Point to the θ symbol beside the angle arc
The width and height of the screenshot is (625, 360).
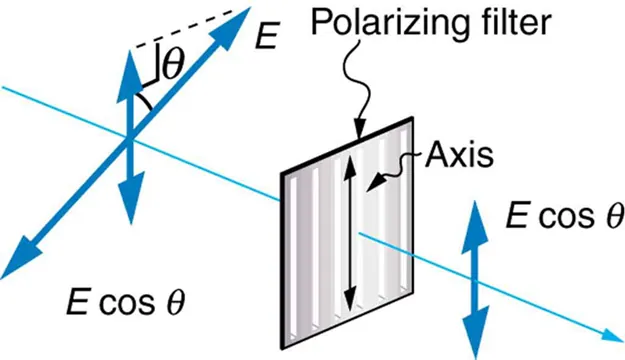172,66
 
